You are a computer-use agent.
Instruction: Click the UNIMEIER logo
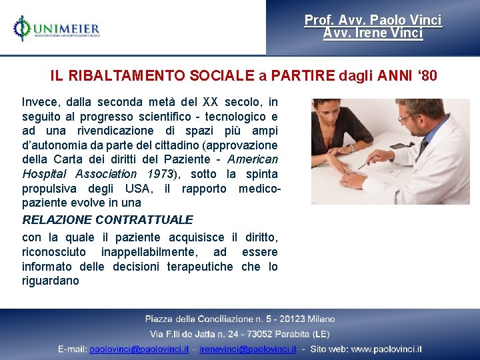pyautogui.click(x=56, y=29)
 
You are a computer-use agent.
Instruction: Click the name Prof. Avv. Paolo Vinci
pyautogui.click(x=373, y=21)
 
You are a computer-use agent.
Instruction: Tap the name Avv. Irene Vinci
pyautogui.click(x=373, y=33)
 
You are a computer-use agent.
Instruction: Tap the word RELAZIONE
pyautogui.click(x=57, y=219)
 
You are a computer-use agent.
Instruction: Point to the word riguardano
pyautogui.click(x=50, y=281)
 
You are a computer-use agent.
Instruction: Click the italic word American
pyautogui.click(x=253, y=159)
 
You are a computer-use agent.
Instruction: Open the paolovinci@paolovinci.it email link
pyautogui.click(x=139, y=349)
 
